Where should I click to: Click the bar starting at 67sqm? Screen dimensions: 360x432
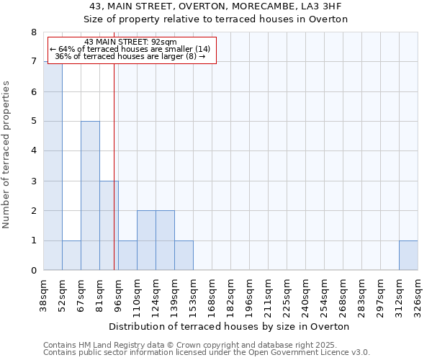[x=90, y=196]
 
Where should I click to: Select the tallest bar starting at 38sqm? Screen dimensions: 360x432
[x=53, y=166]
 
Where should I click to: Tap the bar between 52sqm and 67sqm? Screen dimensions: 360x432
[x=71, y=256]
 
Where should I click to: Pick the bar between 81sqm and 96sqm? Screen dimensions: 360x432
[x=109, y=225]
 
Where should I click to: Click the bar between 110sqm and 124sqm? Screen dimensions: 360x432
[x=146, y=240]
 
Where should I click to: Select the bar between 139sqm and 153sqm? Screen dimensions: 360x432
[x=184, y=256]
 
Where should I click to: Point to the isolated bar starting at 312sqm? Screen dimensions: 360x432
[x=408, y=256]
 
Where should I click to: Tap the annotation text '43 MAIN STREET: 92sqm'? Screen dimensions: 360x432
[x=130, y=42]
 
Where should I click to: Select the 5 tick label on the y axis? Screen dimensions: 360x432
[x=34, y=122]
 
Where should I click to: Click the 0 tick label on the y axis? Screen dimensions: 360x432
[x=34, y=271]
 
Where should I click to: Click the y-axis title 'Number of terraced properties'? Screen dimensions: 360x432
[x=7, y=154]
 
